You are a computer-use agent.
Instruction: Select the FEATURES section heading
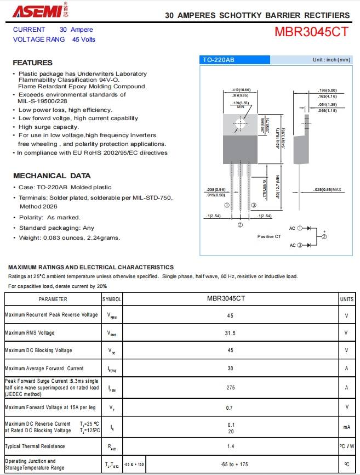pyautogui.click(x=32, y=63)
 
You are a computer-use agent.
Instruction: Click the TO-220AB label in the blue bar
pyautogui.click(x=219, y=60)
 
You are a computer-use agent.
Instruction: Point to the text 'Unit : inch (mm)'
pyautogui.click(x=331, y=60)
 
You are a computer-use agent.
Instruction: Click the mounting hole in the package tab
pyautogui.click(x=241, y=125)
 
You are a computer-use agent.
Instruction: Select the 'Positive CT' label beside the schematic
pyautogui.click(x=269, y=236)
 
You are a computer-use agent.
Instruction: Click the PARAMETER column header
pyautogui.click(x=53, y=299)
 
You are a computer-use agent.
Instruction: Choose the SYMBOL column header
pyautogui.click(x=112, y=299)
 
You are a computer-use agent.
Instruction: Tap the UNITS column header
pyautogui.click(x=346, y=299)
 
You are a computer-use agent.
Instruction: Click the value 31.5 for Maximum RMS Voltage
pyautogui.click(x=230, y=333)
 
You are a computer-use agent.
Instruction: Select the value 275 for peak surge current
pyautogui.click(x=230, y=387)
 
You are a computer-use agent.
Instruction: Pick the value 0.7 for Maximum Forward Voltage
pyautogui.click(x=230, y=407)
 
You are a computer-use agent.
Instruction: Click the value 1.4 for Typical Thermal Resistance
pyautogui.click(x=230, y=446)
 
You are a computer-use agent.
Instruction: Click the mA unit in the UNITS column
pyautogui.click(x=346, y=427)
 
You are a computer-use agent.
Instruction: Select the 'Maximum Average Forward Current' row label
pyautogui.click(x=44, y=368)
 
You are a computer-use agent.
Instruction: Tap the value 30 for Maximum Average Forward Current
pyautogui.click(x=230, y=368)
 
